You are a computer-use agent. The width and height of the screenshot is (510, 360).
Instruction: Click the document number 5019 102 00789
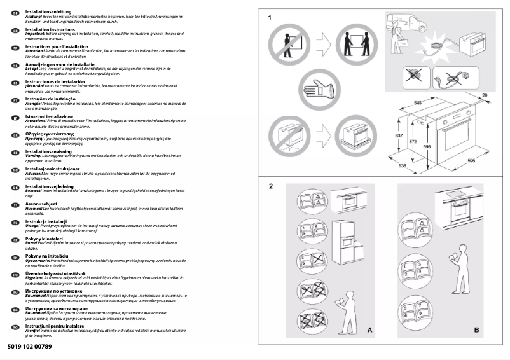tap(30, 347)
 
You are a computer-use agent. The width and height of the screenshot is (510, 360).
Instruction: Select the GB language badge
tap(15, 30)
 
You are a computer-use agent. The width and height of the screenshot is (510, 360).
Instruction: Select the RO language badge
tap(15, 327)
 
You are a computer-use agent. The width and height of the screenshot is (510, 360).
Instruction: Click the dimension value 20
tap(485, 95)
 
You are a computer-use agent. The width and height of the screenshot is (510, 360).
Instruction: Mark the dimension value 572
tap(413, 141)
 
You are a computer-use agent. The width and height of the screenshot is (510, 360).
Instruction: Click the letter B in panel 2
tap(476, 330)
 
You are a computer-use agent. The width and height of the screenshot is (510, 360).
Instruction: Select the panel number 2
tap(270, 186)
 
